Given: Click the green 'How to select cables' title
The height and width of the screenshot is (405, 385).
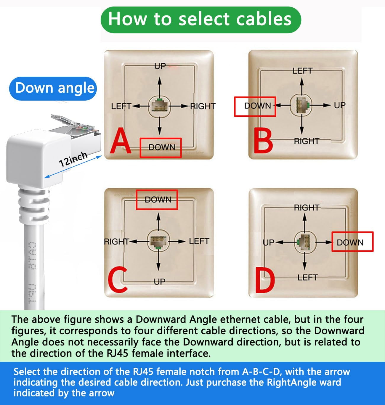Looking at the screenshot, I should (200, 19).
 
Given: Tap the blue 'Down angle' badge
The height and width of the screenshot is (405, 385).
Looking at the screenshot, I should (53, 88).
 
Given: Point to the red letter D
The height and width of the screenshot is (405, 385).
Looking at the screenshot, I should (264, 281).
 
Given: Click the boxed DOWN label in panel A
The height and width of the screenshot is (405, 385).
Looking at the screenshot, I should (161, 147).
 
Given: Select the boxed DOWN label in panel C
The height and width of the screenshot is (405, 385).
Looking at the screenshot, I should (157, 200).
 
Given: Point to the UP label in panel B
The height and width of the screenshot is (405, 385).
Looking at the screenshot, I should (339, 105).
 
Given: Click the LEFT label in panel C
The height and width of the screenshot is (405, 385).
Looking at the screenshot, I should (199, 241).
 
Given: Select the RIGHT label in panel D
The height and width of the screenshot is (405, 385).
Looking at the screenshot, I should (307, 208).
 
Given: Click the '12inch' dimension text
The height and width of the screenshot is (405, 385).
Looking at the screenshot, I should (73, 159).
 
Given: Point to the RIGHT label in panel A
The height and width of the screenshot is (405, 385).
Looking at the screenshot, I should (203, 106).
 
